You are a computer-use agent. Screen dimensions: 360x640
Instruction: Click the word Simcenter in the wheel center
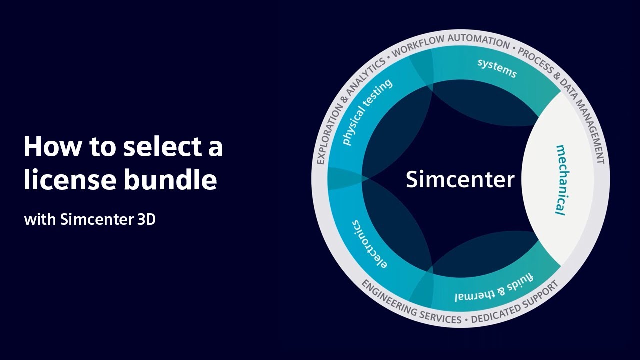click(x=460, y=179)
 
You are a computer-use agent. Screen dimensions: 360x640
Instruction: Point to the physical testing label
click(x=367, y=112)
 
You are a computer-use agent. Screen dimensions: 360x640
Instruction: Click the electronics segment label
click(x=369, y=244)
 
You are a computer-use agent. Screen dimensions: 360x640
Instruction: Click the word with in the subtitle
click(x=39, y=219)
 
